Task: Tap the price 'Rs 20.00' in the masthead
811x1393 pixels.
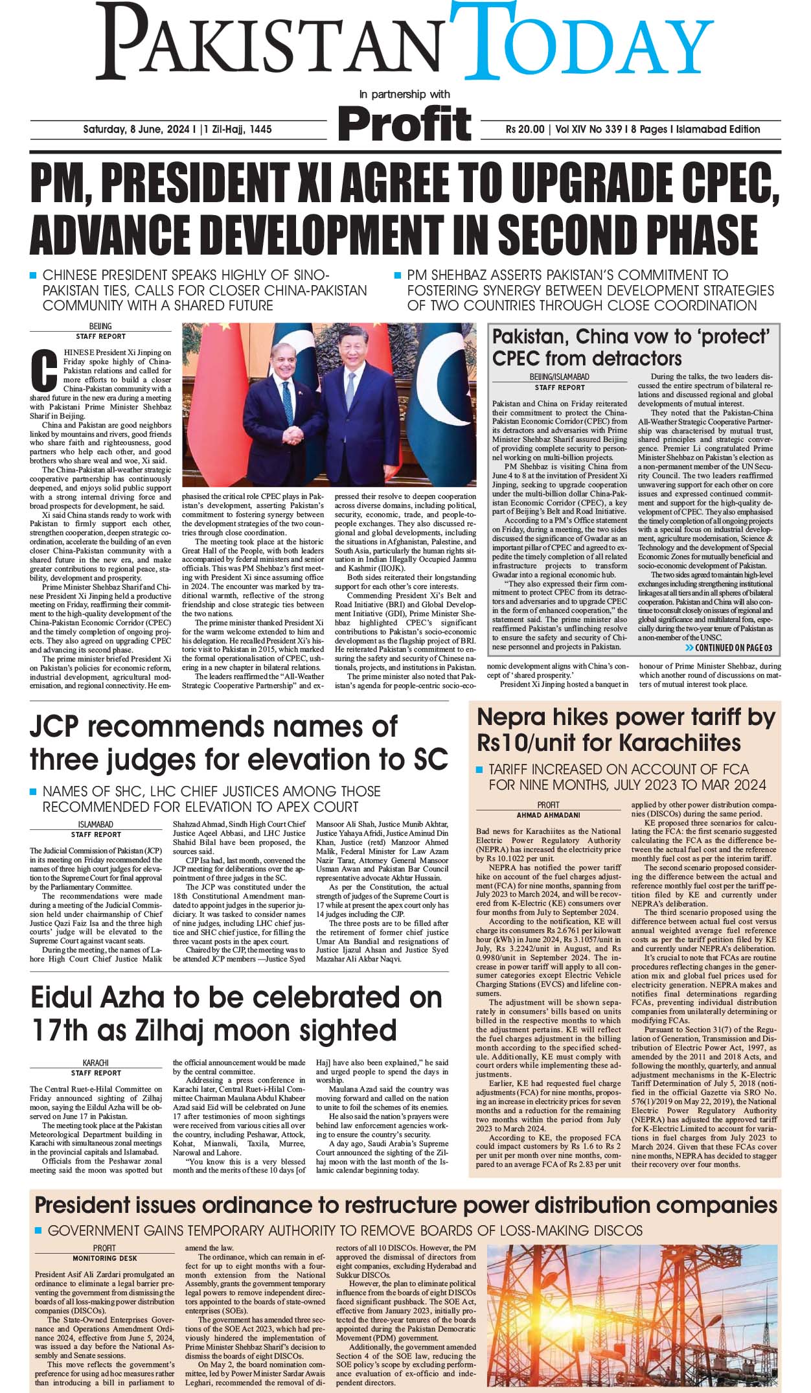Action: click(525, 130)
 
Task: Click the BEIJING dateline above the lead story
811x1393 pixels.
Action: click(100, 327)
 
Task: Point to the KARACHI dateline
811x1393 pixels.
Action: click(95, 1063)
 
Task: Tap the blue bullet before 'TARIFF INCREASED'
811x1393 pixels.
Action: click(479, 770)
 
